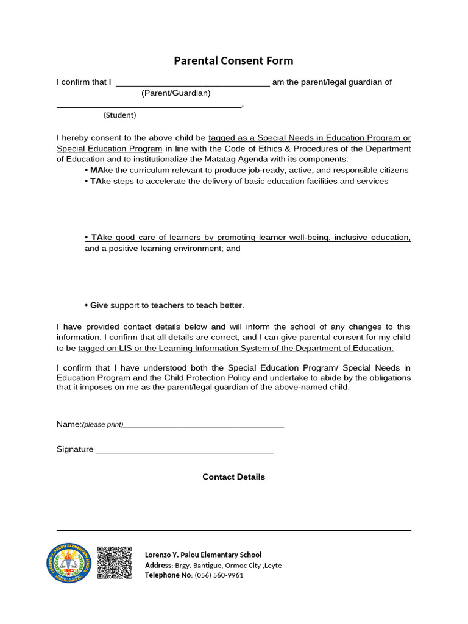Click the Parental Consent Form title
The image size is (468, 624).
[233, 60]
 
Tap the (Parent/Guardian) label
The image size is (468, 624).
[175, 93]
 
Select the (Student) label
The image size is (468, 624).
[119, 115]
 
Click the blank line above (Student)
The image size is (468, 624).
[149, 107]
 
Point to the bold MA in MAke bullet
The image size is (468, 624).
[97, 170]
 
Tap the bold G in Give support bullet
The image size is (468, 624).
[93, 305]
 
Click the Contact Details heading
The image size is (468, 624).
[233, 477]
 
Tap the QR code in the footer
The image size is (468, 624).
[115, 562]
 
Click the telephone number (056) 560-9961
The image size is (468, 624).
[219, 575]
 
